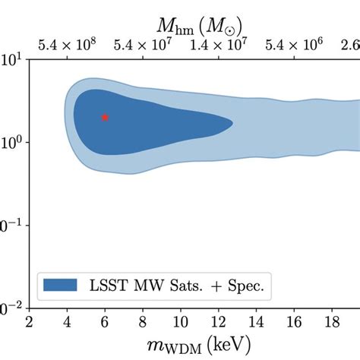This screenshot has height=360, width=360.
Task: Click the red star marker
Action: (105, 117)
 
